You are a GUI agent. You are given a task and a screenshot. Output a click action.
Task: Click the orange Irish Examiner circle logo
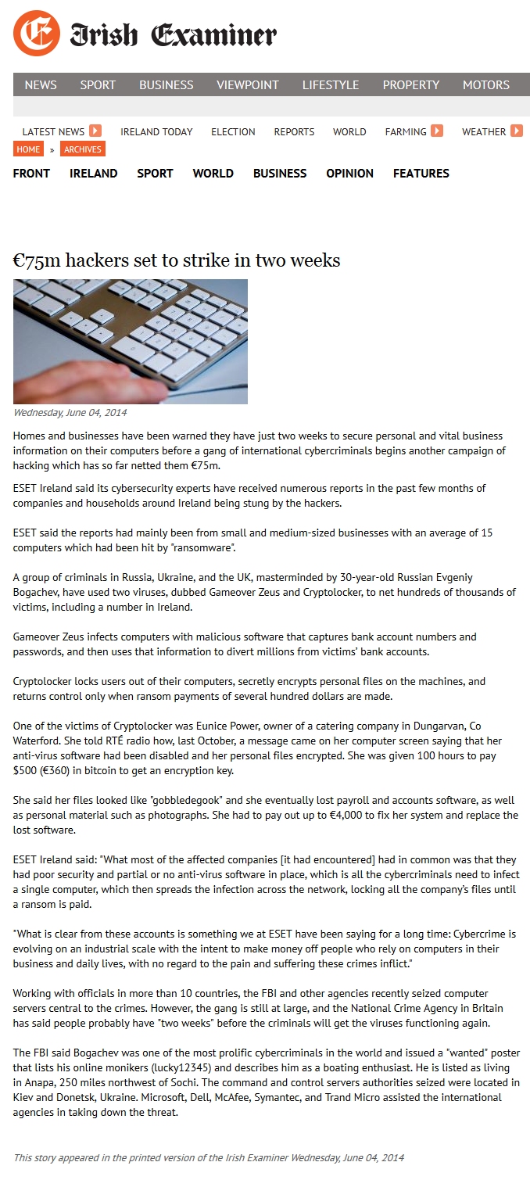click(x=36, y=34)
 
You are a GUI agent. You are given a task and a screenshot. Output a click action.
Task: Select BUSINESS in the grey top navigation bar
click(x=166, y=84)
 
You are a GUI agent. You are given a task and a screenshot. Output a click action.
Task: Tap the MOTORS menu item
click(x=485, y=84)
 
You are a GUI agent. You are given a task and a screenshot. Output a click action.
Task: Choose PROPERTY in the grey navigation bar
click(x=410, y=84)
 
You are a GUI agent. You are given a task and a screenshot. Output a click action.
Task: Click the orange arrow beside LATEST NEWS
click(x=95, y=131)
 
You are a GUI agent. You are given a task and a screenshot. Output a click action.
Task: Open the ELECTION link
click(x=233, y=131)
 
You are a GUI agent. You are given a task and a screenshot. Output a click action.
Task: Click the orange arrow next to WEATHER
click(x=517, y=131)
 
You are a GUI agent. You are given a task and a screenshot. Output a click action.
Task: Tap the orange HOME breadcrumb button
click(x=28, y=149)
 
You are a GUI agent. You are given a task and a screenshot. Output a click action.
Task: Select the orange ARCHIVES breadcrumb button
click(x=82, y=149)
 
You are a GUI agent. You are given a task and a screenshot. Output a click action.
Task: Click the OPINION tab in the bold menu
click(x=349, y=173)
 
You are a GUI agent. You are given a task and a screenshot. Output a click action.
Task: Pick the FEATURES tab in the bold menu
click(x=421, y=173)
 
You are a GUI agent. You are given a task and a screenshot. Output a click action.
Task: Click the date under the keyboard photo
click(x=70, y=413)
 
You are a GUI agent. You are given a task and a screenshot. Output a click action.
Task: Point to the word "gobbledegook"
click(x=185, y=801)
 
